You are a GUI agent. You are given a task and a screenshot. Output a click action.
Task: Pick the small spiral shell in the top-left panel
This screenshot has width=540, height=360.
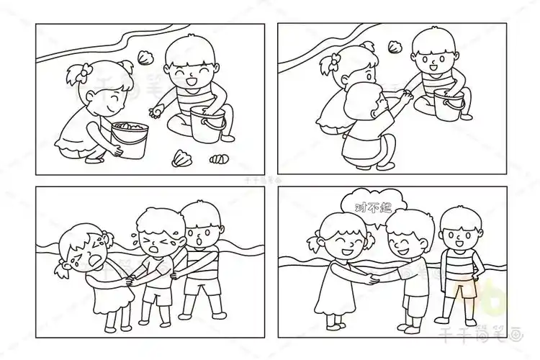tap(218, 158)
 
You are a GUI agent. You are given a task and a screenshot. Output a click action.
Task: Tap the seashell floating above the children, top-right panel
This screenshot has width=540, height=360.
tap(394, 47)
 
